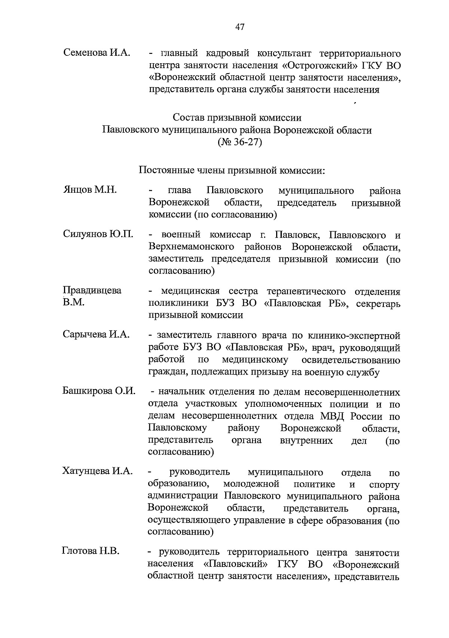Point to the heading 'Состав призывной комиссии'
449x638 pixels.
click(x=237, y=117)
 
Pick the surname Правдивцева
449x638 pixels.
click(x=92, y=290)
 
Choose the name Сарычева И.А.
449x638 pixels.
click(x=96, y=334)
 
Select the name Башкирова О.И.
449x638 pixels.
click(x=99, y=391)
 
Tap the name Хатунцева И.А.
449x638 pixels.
click(x=98, y=471)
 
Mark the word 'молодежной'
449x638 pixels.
click(x=251, y=484)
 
